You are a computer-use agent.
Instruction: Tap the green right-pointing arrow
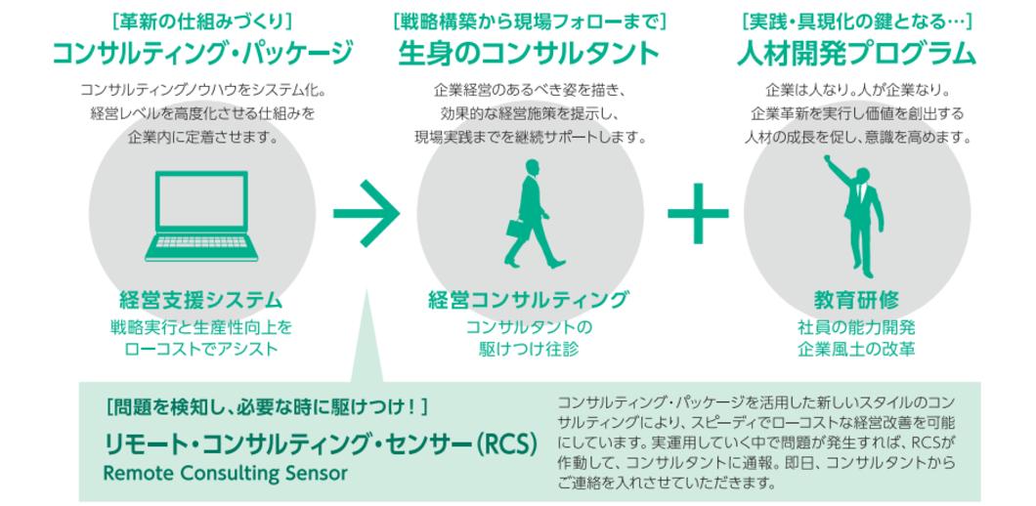pyautogui.click(x=366, y=212)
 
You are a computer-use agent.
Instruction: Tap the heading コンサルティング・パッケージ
pyautogui.click(x=201, y=53)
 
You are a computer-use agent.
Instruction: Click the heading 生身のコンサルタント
pyautogui.click(x=529, y=53)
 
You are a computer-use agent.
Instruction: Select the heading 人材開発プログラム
pyautogui.click(x=856, y=53)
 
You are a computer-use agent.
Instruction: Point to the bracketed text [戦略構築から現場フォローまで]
pyautogui.click(x=529, y=20)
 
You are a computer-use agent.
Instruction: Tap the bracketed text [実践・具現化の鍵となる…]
pyautogui.click(x=857, y=20)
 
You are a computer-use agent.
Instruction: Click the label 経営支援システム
pyautogui.click(x=200, y=300)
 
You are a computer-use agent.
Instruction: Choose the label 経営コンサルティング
pyautogui.click(x=529, y=300)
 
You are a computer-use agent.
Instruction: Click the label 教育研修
pyautogui.click(x=856, y=300)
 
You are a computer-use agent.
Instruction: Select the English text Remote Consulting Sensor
pyautogui.click(x=225, y=473)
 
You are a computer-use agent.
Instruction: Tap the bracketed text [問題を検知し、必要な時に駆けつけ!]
pyautogui.click(x=266, y=405)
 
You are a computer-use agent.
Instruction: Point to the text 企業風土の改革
pyautogui.click(x=856, y=348)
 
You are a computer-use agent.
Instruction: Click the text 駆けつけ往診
pyautogui.click(x=529, y=348)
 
